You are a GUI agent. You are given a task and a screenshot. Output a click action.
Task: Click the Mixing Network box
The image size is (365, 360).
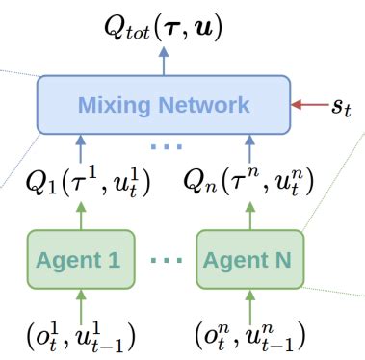[163, 104]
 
